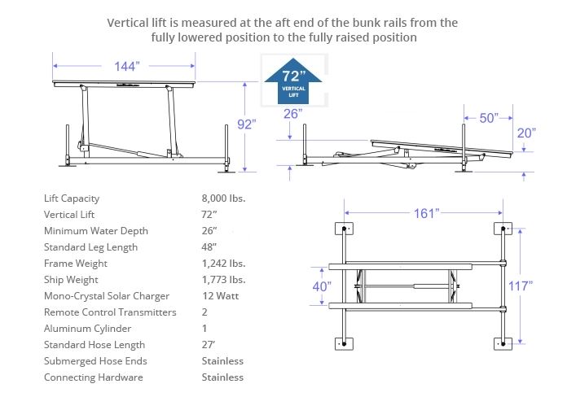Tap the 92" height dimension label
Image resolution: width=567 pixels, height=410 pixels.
(x=246, y=124)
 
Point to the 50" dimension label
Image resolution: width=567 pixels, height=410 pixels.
(x=489, y=118)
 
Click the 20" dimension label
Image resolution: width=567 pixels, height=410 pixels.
(x=525, y=133)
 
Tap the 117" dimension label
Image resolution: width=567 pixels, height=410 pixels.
(x=519, y=286)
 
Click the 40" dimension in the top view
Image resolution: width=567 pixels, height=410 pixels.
(x=323, y=286)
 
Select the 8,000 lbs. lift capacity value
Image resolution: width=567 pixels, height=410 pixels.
(x=223, y=198)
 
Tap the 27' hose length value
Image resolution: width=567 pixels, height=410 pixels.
(x=209, y=345)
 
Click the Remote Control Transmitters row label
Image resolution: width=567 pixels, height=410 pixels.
(x=110, y=312)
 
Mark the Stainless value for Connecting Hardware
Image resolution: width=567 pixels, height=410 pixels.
(x=222, y=377)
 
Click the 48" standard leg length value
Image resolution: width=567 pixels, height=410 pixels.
(x=210, y=247)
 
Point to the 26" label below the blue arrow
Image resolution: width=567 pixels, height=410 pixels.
(x=293, y=114)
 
